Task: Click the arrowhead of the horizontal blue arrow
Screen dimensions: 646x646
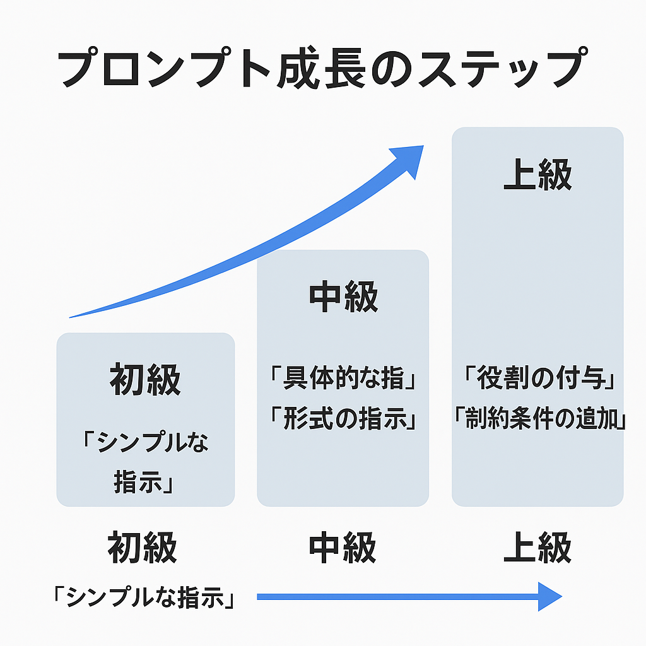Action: click(x=550, y=597)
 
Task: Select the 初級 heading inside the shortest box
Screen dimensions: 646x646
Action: click(x=145, y=379)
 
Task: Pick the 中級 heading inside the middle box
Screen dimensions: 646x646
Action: click(x=343, y=297)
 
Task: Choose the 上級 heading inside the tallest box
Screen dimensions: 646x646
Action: click(x=537, y=174)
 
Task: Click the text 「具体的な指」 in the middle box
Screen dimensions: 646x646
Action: click(x=343, y=378)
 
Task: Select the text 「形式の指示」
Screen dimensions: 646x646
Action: click(x=343, y=418)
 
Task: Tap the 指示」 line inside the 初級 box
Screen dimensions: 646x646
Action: click(x=143, y=481)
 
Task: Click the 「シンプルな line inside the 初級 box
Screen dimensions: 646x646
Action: click(x=145, y=442)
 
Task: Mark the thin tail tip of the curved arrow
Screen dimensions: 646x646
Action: click(x=69, y=318)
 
